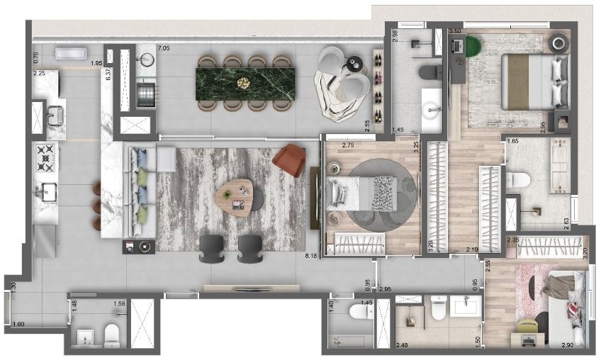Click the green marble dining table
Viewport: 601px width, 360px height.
(x=245, y=83)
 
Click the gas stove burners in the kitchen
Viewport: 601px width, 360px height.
(x=47, y=159)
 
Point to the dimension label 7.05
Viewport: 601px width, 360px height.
(x=163, y=48)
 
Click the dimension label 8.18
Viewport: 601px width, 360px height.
(x=310, y=256)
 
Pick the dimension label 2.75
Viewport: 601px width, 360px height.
(x=348, y=145)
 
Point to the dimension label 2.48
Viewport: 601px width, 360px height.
(x=402, y=345)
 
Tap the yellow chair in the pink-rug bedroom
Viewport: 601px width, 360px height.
(x=528, y=325)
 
